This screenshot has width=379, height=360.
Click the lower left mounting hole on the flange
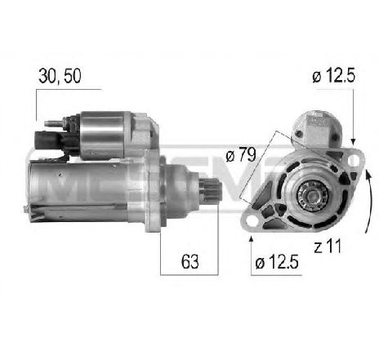coord(251,217)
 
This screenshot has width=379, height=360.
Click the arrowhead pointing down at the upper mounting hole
coord(353,140)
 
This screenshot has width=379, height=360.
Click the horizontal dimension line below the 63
coord(190,274)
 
